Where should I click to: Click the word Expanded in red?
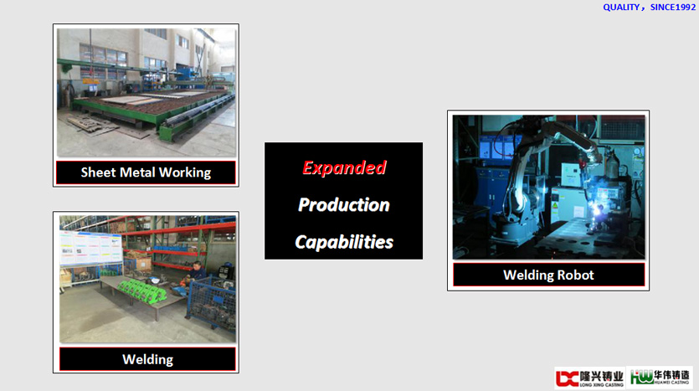pyautogui.click(x=344, y=167)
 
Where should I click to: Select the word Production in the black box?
pyautogui.click(x=344, y=204)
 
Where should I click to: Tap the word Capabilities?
pyautogui.click(x=344, y=242)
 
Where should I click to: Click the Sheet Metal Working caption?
pyautogui.click(x=146, y=172)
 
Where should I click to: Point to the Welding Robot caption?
pyautogui.click(x=548, y=275)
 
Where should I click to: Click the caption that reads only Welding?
pyautogui.click(x=147, y=359)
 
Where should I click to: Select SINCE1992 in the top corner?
pyautogui.click(x=673, y=8)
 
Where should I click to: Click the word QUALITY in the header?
pyautogui.click(x=621, y=8)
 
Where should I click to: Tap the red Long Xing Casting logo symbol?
pyautogui.click(x=567, y=378)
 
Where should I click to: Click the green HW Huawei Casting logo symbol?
pyautogui.click(x=641, y=378)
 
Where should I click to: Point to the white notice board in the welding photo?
pyautogui.click(x=91, y=249)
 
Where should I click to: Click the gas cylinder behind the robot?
pyautogui.click(x=612, y=164)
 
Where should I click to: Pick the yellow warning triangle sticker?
pyautogui.click(x=555, y=206)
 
